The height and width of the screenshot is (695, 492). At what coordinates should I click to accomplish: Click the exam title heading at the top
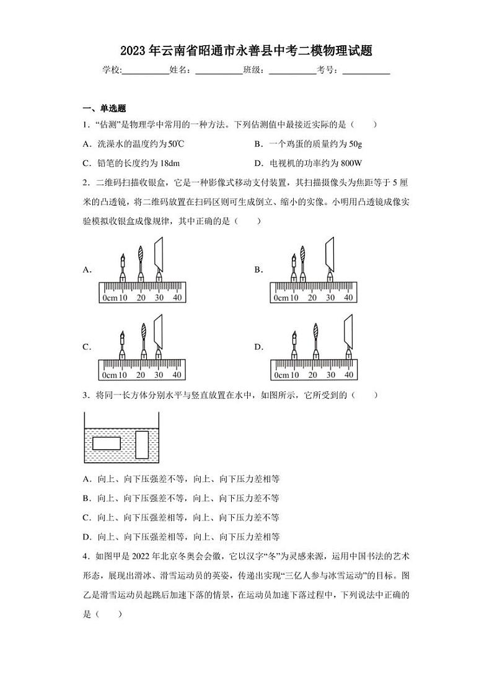[246, 51]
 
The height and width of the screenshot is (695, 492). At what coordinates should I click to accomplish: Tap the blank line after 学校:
[146, 71]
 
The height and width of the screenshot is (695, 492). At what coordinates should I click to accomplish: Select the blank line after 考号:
[366, 71]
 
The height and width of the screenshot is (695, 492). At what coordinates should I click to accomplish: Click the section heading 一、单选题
[104, 108]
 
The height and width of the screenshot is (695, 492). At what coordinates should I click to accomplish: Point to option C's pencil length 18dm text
[131, 163]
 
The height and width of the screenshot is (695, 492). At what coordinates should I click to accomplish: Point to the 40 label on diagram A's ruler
[177, 298]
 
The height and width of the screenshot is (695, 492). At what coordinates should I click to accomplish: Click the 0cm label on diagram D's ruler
[281, 375]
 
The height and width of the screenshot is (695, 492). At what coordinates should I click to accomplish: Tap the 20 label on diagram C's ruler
[141, 375]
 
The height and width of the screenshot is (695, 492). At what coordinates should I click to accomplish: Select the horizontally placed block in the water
[107, 443]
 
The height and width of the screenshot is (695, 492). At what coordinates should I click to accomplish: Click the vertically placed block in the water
[142, 444]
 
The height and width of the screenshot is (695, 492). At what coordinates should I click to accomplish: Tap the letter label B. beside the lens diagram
[258, 269]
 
